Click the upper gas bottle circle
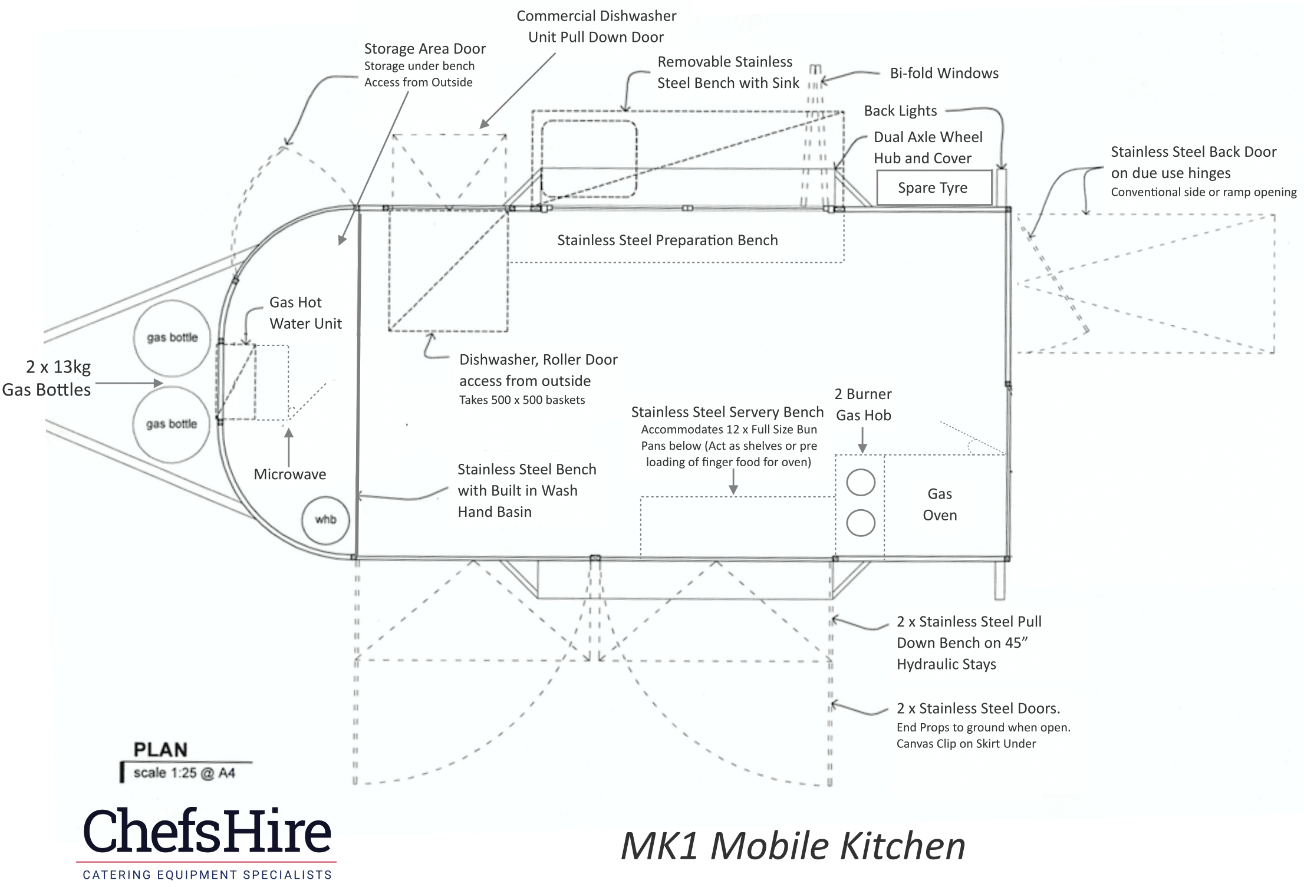coord(172,338)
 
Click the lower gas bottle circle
coord(172,424)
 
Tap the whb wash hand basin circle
coord(325,520)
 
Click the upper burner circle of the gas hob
coord(861,483)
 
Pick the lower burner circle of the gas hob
coord(861,523)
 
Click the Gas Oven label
coord(940,504)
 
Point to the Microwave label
coord(289,474)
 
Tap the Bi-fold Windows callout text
coord(944,73)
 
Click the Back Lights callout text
coord(900,111)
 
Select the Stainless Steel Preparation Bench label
coord(667,240)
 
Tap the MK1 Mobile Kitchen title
coord(793,846)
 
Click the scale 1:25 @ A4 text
coord(184,773)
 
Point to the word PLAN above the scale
coord(160,750)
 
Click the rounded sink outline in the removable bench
coord(589,158)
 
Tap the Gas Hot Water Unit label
coord(305,313)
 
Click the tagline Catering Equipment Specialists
coord(207,875)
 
